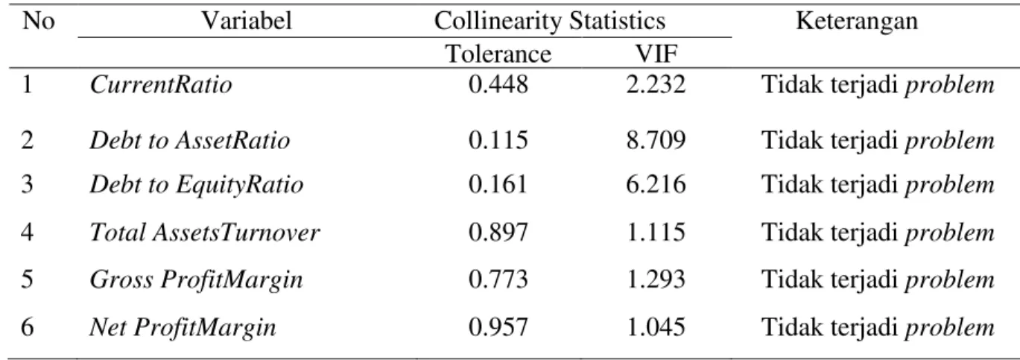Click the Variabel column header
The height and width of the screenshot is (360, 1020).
tap(247, 21)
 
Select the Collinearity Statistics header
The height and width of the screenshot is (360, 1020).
tap(550, 21)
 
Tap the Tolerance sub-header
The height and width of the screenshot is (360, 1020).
tap(498, 54)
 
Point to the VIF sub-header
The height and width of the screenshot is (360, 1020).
tap(656, 54)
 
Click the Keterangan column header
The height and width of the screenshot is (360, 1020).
tap(857, 21)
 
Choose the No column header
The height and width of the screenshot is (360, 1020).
tap(38, 21)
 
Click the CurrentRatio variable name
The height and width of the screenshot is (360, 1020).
tap(161, 84)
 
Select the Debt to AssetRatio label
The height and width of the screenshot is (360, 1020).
tap(190, 140)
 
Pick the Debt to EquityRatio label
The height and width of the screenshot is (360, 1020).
tap(196, 185)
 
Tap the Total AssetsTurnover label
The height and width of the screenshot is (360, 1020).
tap(205, 232)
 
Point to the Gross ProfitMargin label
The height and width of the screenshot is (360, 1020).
tap(196, 280)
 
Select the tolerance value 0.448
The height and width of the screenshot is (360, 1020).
tap(498, 84)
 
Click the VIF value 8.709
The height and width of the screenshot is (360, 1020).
tap(656, 140)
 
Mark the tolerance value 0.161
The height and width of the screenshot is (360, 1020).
tap(498, 184)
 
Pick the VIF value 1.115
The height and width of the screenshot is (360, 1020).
tap(656, 232)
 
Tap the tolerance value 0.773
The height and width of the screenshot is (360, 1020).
tap(498, 279)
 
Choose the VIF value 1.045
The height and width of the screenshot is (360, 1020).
tap(656, 327)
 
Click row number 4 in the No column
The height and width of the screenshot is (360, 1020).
tap(28, 232)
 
